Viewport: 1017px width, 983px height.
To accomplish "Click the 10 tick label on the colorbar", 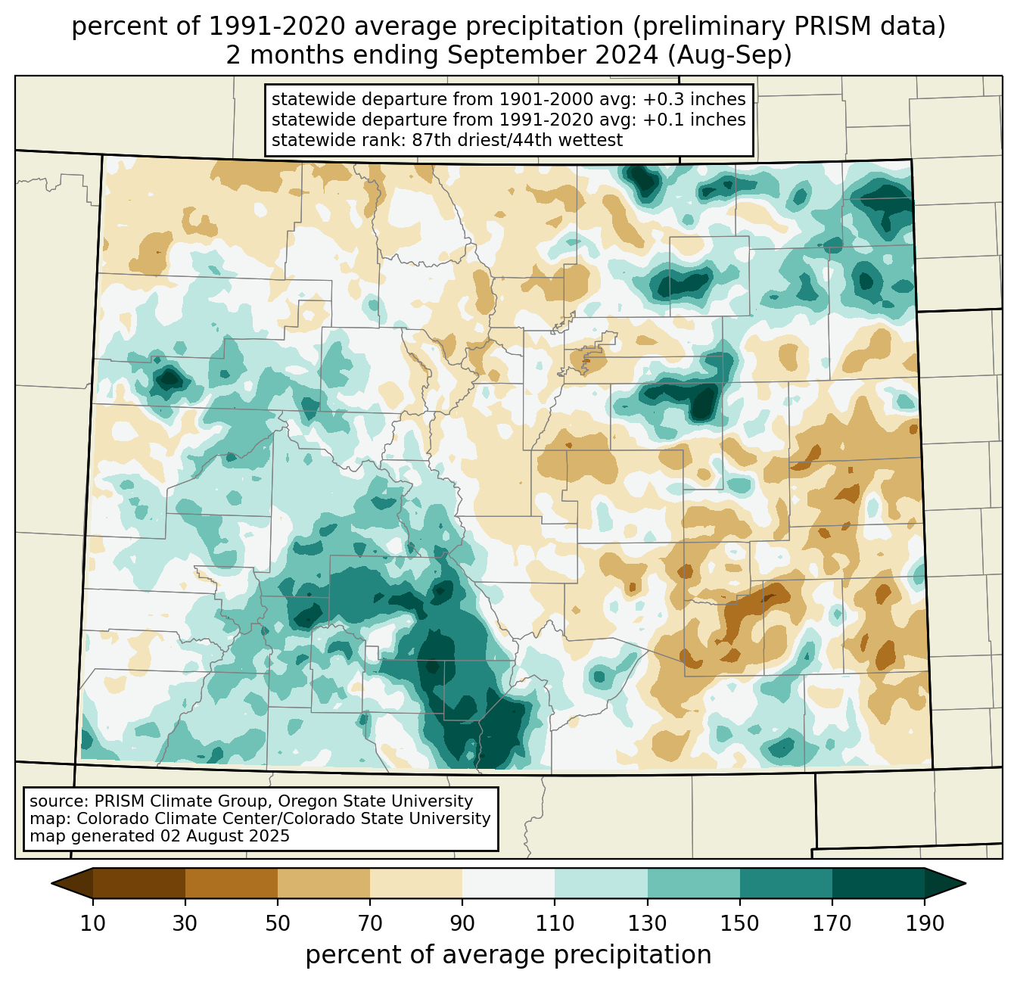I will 93,924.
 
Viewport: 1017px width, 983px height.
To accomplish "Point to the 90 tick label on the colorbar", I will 462,924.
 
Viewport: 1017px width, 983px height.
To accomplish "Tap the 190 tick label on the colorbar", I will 924,924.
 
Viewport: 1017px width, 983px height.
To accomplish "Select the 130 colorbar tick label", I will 648,924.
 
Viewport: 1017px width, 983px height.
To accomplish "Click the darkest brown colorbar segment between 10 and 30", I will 139,883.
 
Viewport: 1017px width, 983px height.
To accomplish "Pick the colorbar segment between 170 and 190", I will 878,883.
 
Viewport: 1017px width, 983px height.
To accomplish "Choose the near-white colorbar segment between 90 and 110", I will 508,883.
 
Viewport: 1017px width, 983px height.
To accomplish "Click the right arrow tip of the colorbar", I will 963,883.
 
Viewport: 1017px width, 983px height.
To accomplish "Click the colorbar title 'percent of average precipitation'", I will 508,955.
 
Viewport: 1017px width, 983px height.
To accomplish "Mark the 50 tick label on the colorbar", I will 278,924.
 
